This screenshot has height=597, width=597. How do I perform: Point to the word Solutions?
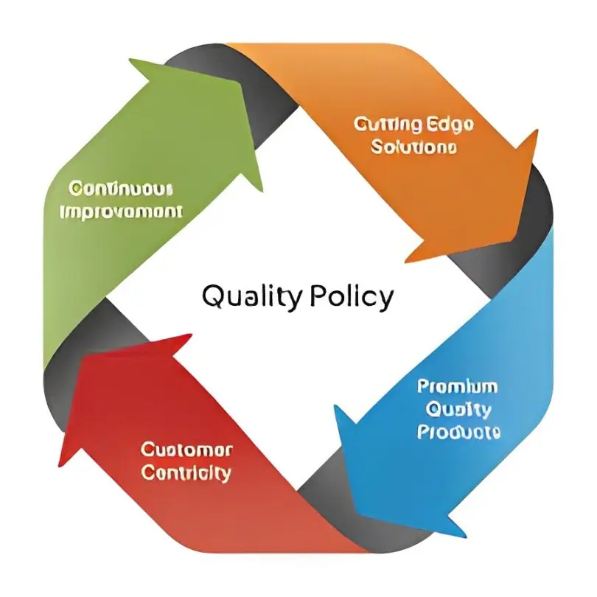pyautogui.click(x=413, y=147)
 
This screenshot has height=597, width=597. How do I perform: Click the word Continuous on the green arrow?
pyautogui.click(x=121, y=189)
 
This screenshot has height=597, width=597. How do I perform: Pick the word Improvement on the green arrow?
pyautogui.click(x=121, y=212)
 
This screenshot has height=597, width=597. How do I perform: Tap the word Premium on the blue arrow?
pyautogui.click(x=457, y=386)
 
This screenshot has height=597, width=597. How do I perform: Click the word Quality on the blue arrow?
pyautogui.click(x=458, y=408)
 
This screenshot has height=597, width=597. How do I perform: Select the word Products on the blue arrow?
pyautogui.click(x=458, y=432)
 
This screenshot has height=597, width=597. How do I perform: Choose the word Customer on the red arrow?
pyautogui.click(x=186, y=450)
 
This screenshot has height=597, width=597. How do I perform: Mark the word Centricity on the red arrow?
pyautogui.click(x=186, y=472)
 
